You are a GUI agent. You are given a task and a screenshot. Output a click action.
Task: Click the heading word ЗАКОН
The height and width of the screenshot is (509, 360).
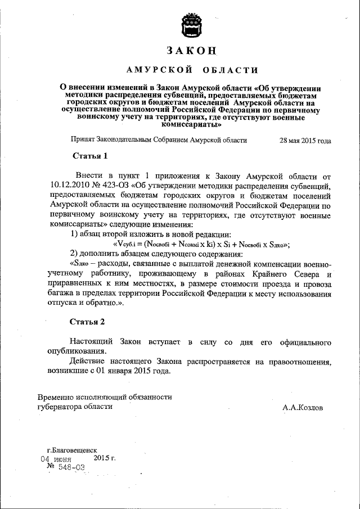pos(192,50)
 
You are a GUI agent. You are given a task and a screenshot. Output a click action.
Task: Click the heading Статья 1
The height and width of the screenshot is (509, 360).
pos(89,155)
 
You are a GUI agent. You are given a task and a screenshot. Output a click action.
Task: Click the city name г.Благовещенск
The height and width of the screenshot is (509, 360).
pos(72,450)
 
